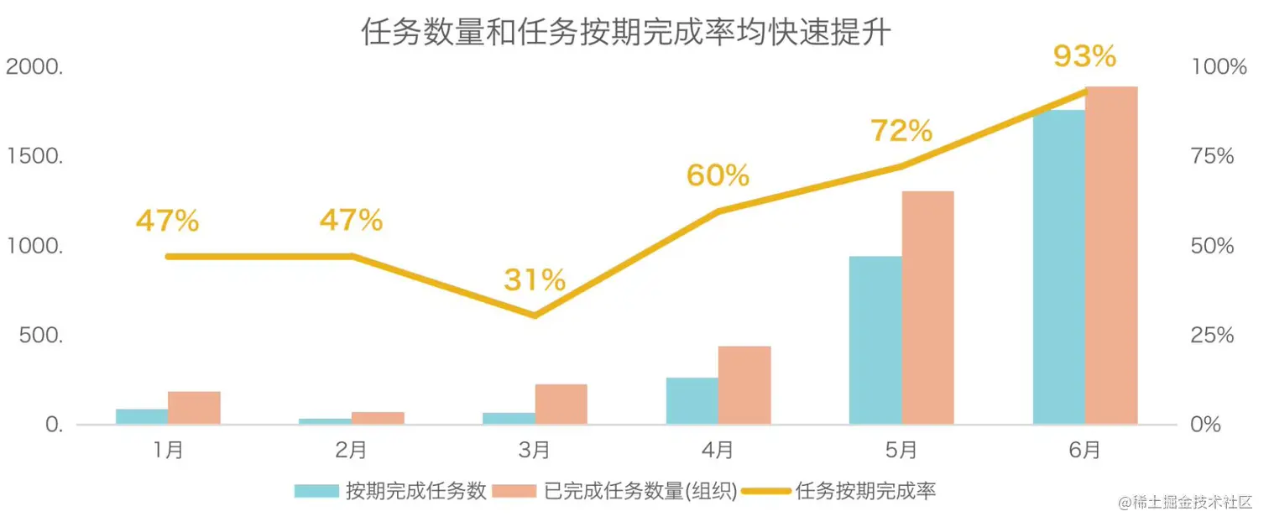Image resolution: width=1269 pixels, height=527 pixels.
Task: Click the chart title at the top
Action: (x=625, y=33)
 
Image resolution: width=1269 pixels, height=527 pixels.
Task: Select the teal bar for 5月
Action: (x=875, y=340)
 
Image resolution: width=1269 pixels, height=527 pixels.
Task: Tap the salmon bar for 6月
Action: (x=1111, y=255)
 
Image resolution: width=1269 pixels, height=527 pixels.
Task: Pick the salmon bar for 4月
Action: (x=744, y=385)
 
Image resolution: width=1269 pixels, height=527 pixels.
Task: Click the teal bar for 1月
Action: (x=142, y=416)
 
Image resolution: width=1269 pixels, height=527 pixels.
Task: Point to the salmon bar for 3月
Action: (x=561, y=404)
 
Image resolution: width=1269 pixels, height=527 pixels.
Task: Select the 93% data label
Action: (x=1084, y=57)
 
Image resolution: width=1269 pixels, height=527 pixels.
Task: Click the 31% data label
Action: (x=535, y=280)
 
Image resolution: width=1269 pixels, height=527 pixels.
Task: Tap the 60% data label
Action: (x=718, y=175)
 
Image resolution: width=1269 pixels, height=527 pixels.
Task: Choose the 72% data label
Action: (x=901, y=131)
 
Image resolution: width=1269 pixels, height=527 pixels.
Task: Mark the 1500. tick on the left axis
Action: (x=34, y=157)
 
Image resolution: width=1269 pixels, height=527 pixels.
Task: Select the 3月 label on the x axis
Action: (x=535, y=451)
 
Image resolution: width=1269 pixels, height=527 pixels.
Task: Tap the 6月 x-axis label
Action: (x=1084, y=451)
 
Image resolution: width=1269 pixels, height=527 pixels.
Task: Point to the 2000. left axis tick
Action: (x=34, y=67)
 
